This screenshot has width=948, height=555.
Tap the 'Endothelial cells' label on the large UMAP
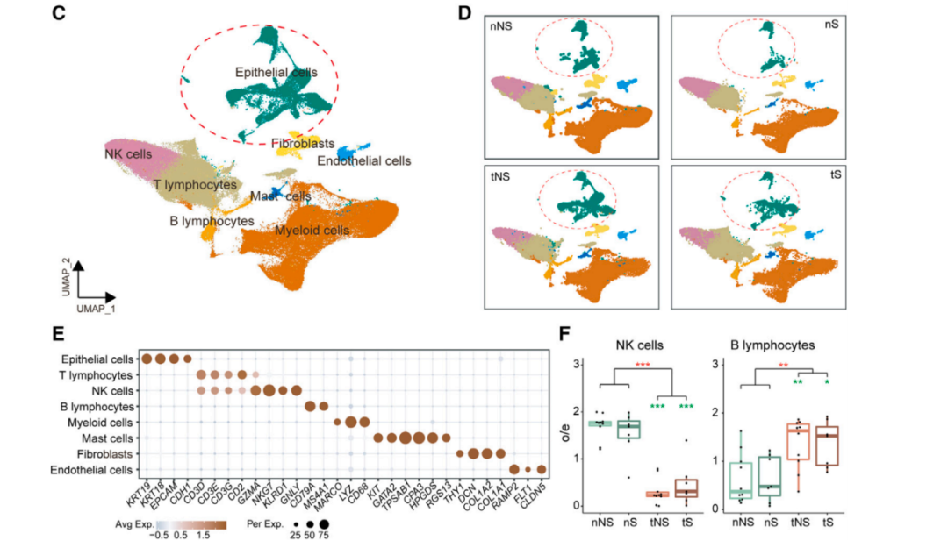coord(363,160)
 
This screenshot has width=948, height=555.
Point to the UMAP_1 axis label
coord(93,310)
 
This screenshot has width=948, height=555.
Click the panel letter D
coord(465,13)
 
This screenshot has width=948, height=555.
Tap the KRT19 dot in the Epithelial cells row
coord(147,359)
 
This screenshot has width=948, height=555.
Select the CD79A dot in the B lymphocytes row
coord(310,406)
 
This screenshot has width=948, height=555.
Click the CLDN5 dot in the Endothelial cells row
coord(542,469)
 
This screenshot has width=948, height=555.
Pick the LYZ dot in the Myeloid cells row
coord(350,422)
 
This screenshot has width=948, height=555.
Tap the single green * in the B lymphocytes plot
coord(827,382)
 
